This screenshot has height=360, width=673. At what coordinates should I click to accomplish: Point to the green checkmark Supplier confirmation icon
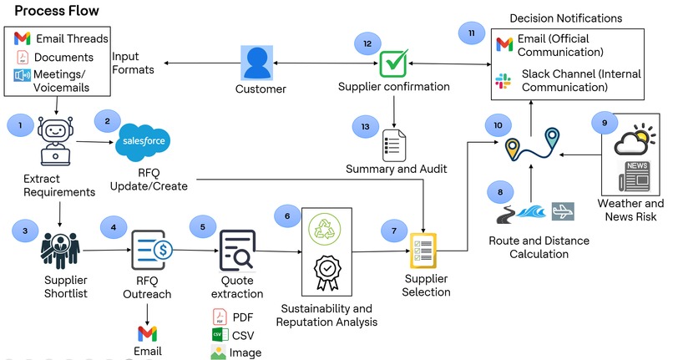[x=393, y=63]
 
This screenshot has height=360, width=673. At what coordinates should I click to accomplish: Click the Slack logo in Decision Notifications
[x=503, y=80]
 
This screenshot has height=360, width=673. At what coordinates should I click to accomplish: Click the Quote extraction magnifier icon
[x=237, y=248]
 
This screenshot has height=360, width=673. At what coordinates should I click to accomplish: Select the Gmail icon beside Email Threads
[x=23, y=38]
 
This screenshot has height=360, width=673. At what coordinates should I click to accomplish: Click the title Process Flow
[x=56, y=11]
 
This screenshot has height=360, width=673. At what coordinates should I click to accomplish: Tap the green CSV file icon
[x=220, y=334]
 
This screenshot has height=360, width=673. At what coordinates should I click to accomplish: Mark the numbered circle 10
[x=498, y=125]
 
